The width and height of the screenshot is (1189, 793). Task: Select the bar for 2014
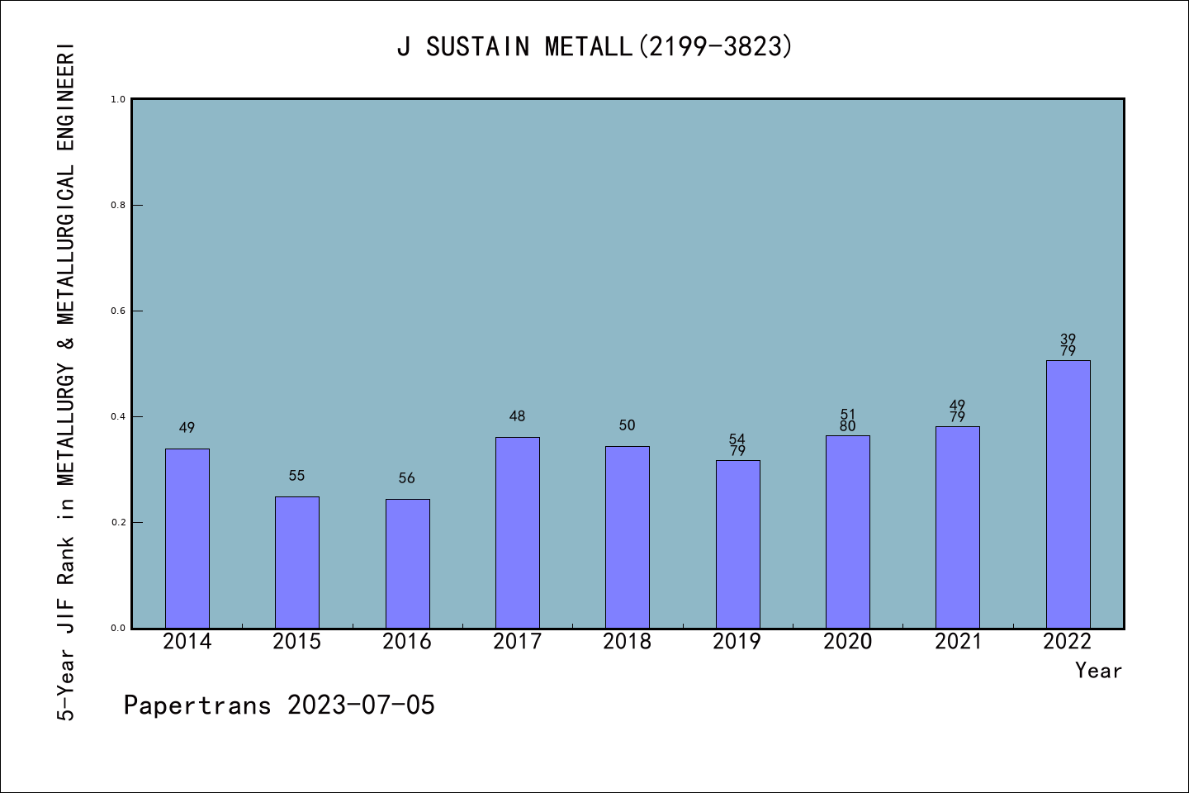pos(187,538)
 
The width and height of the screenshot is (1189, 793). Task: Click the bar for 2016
pos(407,563)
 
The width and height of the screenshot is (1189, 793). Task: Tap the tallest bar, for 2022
pos(1068,494)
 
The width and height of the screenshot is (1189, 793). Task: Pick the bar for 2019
pos(737,544)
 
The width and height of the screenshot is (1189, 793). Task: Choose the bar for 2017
pos(517,532)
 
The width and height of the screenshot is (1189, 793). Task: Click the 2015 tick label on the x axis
pos(297,641)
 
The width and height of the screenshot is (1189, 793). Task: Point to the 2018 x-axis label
pos(627,641)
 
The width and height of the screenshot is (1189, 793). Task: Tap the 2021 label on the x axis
pos(958,641)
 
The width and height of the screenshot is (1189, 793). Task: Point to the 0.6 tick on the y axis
pos(118,311)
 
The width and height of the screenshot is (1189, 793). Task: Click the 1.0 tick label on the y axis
pos(118,99)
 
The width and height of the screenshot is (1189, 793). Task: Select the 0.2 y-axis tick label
pos(118,522)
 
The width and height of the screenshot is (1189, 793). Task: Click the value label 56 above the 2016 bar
pos(407,478)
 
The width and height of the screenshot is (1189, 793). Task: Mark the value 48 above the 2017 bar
pos(517,416)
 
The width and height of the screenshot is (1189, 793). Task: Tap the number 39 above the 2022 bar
pos(1068,339)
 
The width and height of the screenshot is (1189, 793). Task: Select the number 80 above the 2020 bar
pos(847,426)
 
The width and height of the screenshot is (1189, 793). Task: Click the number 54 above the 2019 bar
pos(737,439)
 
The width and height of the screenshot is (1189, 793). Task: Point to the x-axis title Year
pos(1098,671)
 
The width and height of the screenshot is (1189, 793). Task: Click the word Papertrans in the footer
pos(197,705)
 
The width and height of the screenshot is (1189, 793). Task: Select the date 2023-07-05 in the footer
pos(361,705)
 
